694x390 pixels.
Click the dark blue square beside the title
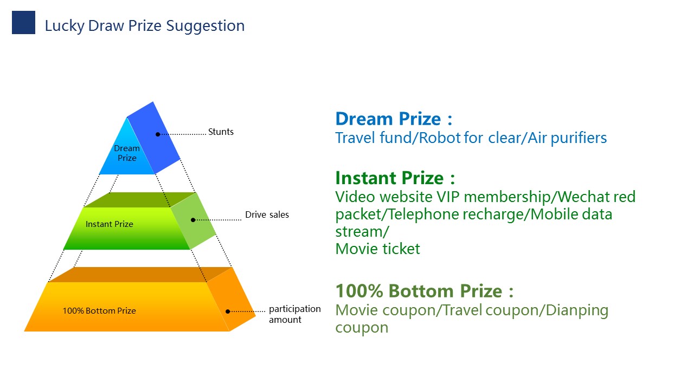(x=23, y=22)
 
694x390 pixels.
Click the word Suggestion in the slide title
(x=205, y=26)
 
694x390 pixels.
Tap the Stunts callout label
(x=221, y=132)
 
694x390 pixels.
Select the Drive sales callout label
(x=267, y=214)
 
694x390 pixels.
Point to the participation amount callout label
(x=294, y=314)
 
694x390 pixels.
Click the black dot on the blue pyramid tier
(x=158, y=134)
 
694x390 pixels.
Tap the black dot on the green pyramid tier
(x=193, y=220)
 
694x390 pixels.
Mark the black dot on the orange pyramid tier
(x=228, y=311)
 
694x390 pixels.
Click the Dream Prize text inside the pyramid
(x=127, y=153)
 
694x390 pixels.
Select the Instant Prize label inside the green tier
(x=110, y=224)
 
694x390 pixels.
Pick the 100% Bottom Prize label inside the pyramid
(x=99, y=311)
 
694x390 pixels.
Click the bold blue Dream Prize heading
(x=394, y=119)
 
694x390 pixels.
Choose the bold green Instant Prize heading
(x=395, y=178)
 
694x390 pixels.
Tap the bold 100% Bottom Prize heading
(x=424, y=291)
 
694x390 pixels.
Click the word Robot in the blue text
(x=439, y=138)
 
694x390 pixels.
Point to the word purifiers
(x=579, y=138)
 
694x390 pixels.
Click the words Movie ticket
(x=378, y=249)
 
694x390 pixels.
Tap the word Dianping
(x=577, y=311)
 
